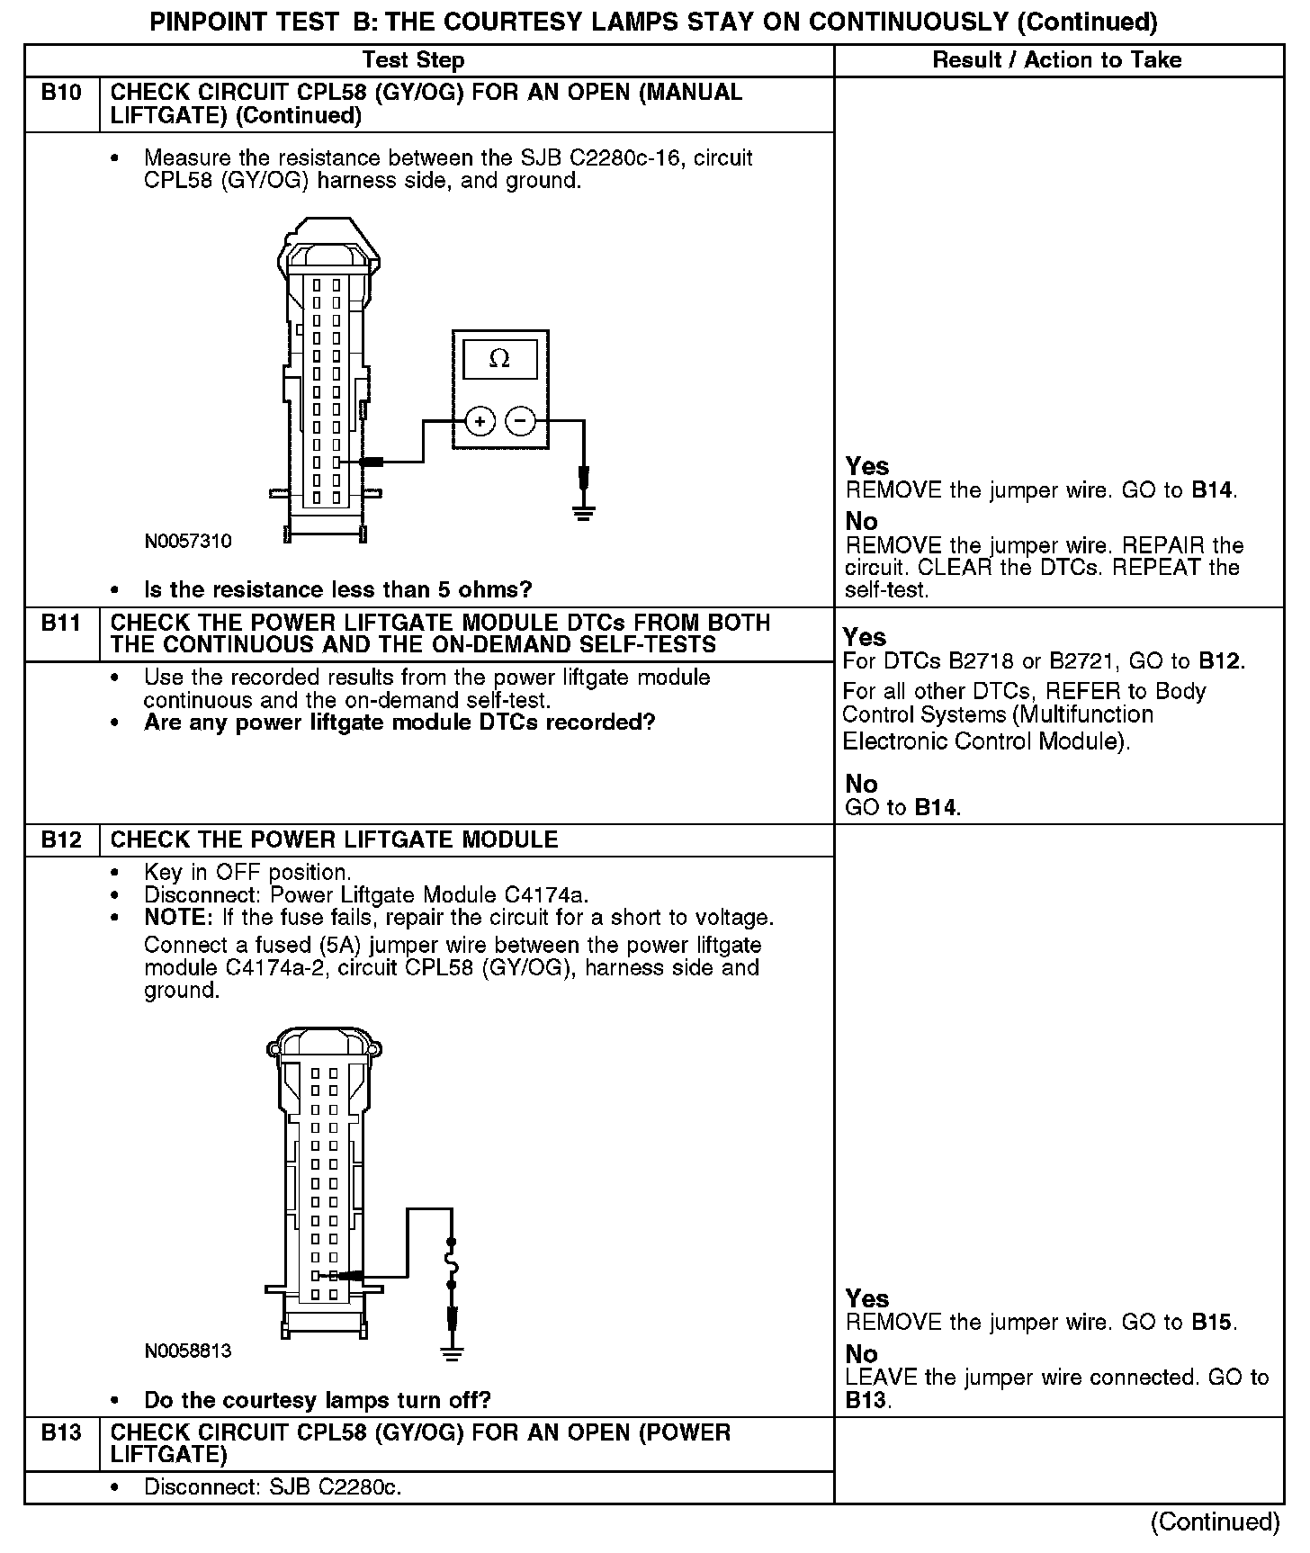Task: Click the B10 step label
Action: click(x=61, y=93)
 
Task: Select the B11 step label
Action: click(x=61, y=623)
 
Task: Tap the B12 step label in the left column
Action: click(x=61, y=840)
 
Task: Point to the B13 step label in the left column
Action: click(x=61, y=1432)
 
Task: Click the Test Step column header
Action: click(x=413, y=60)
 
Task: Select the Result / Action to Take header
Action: click(x=1057, y=60)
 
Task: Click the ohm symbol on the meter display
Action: click(x=499, y=359)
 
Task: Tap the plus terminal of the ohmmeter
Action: click(x=480, y=421)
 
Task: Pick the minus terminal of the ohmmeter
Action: click(x=520, y=421)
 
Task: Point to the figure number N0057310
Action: click(x=188, y=541)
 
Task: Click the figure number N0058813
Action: click(x=188, y=1351)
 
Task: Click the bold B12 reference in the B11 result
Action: click(x=1221, y=661)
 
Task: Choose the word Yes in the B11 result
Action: click(x=865, y=637)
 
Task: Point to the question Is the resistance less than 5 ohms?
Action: click(x=338, y=589)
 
